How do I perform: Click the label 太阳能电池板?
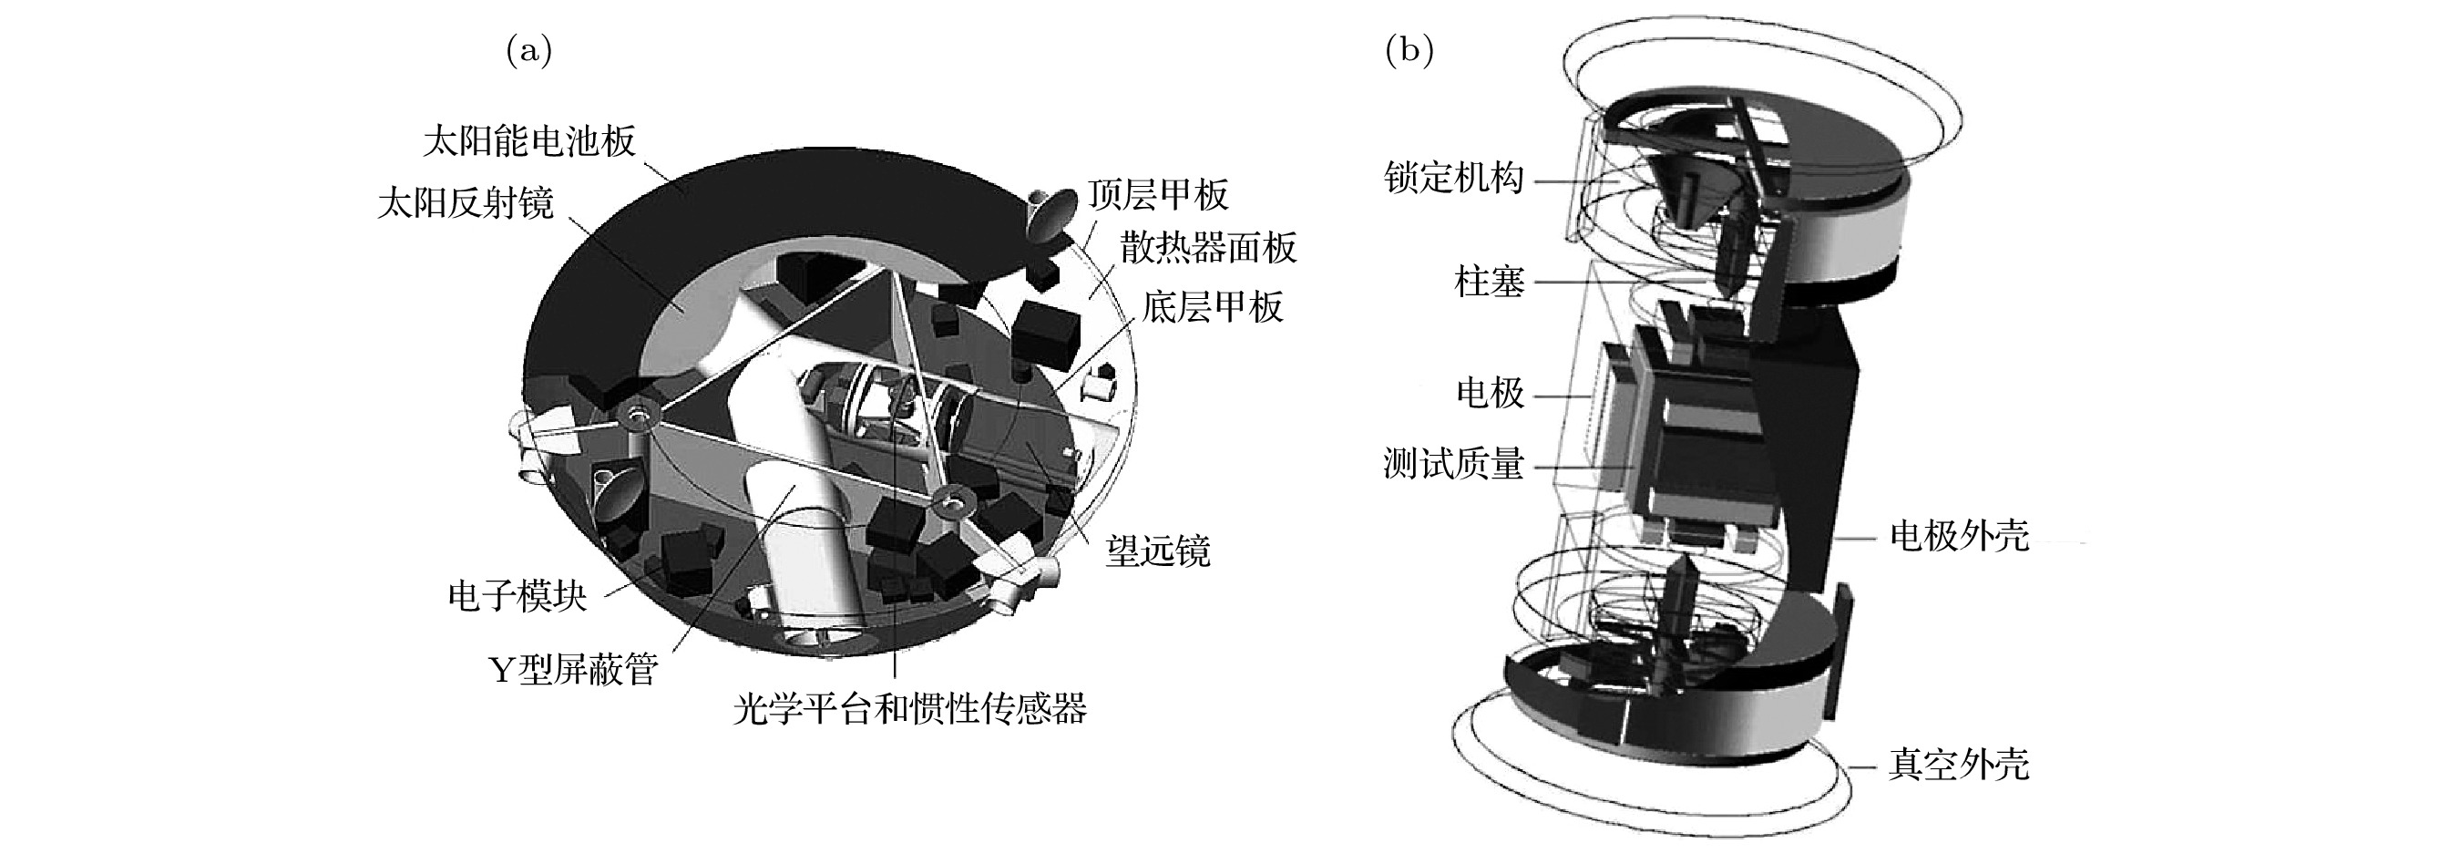529,142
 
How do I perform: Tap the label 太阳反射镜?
466,202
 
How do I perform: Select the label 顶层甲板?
1159,195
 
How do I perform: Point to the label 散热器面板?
1208,248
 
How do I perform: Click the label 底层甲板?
1213,307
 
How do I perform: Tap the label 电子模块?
517,595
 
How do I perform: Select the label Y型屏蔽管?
573,669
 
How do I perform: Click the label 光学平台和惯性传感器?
910,708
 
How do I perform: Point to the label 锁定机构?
1453,177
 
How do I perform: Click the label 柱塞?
1490,282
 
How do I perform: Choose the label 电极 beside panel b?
1490,393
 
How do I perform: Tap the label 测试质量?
1453,464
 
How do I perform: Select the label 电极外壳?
1959,536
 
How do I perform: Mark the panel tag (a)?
529,51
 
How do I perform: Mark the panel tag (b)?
1409,51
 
